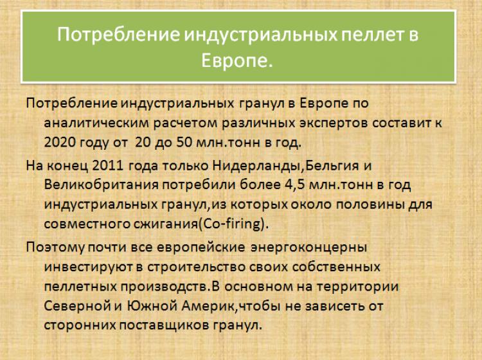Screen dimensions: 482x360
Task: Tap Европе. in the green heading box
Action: point(237,60)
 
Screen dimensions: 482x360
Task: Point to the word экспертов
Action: point(333,123)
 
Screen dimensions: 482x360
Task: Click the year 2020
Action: point(60,142)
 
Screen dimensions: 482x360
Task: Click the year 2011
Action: point(107,166)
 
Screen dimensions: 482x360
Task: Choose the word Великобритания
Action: point(102,185)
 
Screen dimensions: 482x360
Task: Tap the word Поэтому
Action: point(55,248)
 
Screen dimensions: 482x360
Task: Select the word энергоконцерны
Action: point(309,248)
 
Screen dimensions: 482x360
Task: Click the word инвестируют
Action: point(89,267)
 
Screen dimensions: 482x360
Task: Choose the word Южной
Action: point(151,305)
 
